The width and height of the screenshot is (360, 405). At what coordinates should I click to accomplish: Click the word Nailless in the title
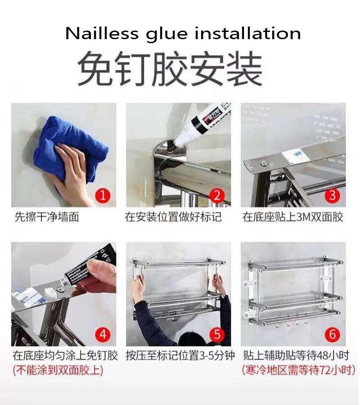tap(102, 34)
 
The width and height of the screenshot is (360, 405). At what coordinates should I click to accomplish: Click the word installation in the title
tap(248, 34)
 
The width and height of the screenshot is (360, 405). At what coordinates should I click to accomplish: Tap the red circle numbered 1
tap(103, 196)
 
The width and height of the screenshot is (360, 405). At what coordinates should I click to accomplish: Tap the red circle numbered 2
tap(217, 196)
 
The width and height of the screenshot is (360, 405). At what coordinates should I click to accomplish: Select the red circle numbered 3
tap(333, 196)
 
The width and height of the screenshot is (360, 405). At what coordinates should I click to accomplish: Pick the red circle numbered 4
tap(103, 334)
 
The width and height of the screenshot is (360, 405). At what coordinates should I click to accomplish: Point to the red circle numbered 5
tap(217, 334)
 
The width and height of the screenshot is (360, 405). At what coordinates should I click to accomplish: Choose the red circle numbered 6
tap(333, 334)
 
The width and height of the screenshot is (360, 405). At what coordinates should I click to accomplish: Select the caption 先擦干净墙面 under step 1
tap(47, 217)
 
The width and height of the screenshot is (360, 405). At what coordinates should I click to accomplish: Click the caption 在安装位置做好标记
tap(173, 217)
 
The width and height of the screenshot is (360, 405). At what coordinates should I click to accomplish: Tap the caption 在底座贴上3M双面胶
tap(293, 217)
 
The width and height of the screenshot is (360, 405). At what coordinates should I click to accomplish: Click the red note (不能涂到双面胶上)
tap(58, 370)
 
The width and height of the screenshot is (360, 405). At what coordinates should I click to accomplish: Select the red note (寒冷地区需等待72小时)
tap(298, 370)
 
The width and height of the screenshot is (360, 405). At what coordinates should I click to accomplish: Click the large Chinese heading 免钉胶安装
tap(170, 69)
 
